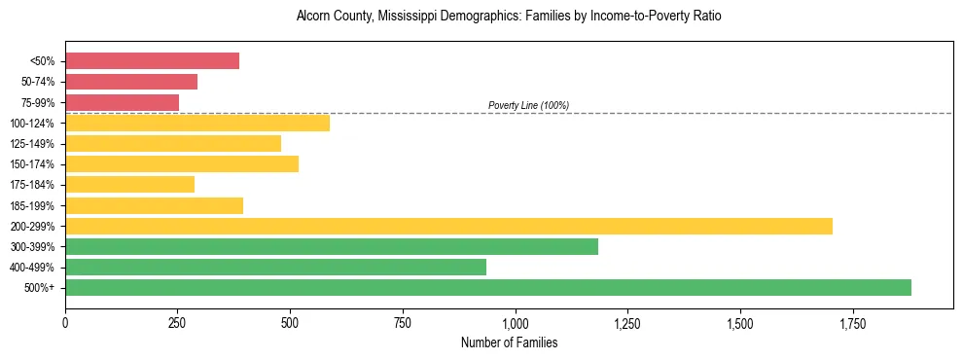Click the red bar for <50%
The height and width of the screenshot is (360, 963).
click(152, 61)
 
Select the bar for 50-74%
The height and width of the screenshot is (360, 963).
click(131, 82)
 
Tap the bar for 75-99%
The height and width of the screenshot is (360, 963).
click(122, 102)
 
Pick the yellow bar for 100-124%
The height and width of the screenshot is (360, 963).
click(197, 123)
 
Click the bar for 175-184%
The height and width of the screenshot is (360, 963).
click(129, 184)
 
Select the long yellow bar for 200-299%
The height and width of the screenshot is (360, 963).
click(448, 226)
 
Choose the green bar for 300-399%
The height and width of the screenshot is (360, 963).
click(332, 246)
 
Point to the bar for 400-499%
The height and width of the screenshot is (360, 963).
click(275, 267)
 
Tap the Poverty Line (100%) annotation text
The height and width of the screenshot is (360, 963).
click(528, 105)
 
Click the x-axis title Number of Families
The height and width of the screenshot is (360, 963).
click(509, 342)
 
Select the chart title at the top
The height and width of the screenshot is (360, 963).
click(509, 17)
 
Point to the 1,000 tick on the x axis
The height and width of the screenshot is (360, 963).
click(516, 321)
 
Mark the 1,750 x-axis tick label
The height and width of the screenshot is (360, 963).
click(853, 321)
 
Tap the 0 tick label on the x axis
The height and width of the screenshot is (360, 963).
click(65, 321)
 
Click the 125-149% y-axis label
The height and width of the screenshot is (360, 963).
click(33, 144)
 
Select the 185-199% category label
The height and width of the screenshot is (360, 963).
click(33, 205)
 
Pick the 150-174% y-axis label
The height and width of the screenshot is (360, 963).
click(33, 164)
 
